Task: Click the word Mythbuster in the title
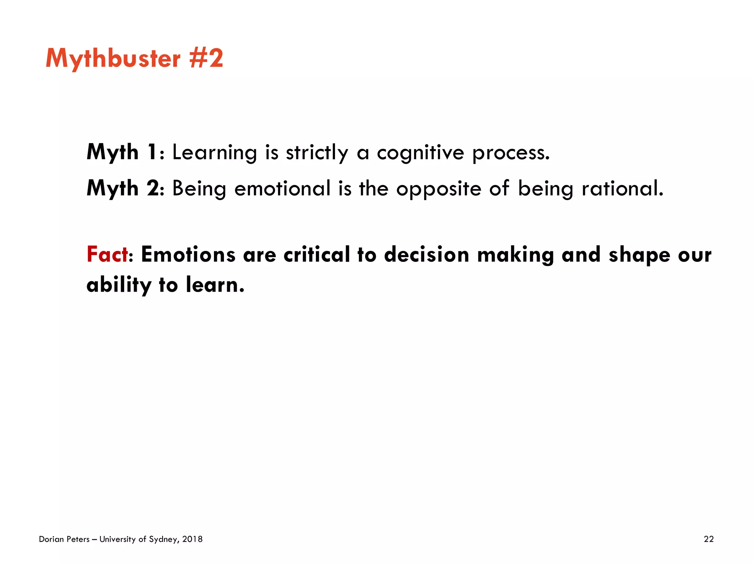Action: click(x=113, y=59)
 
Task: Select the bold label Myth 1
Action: click(x=122, y=152)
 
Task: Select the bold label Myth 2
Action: click(x=123, y=188)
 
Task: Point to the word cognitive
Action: click(x=420, y=153)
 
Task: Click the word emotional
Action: click(x=282, y=188)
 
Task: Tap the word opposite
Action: click(x=439, y=189)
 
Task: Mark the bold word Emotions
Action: click(x=188, y=254)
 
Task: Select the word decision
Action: click(x=427, y=254)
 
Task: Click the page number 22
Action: click(x=709, y=539)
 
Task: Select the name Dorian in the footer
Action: click(x=51, y=539)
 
